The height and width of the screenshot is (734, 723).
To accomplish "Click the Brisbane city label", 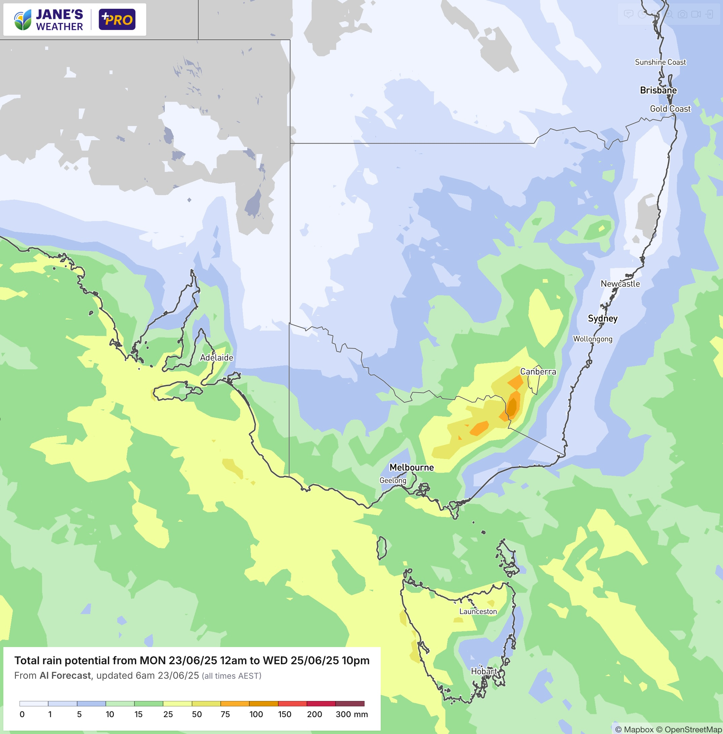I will [x=658, y=90].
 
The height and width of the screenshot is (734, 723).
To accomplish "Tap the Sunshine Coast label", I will [x=660, y=62].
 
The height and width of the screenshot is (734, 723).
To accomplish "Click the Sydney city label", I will [x=603, y=318].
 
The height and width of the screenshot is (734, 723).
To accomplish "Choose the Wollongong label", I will [x=592, y=339].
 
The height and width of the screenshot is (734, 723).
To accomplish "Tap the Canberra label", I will [x=538, y=372].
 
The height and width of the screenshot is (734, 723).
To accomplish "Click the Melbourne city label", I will [x=412, y=467].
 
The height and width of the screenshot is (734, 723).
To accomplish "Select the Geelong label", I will [x=392, y=481].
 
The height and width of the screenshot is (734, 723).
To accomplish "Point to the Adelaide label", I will [x=216, y=358].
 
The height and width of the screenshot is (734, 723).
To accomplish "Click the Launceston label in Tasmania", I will [x=478, y=612].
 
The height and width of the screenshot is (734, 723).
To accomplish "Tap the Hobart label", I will [x=483, y=671].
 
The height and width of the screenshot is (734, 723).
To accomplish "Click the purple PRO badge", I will [x=117, y=19].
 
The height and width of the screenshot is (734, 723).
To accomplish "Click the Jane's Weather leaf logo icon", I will [x=23, y=20].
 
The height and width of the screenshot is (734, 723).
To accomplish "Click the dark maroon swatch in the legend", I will [x=350, y=704].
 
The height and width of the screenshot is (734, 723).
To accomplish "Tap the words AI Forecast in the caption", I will [x=65, y=675].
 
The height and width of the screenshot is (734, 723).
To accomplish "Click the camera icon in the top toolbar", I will [x=682, y=14].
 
